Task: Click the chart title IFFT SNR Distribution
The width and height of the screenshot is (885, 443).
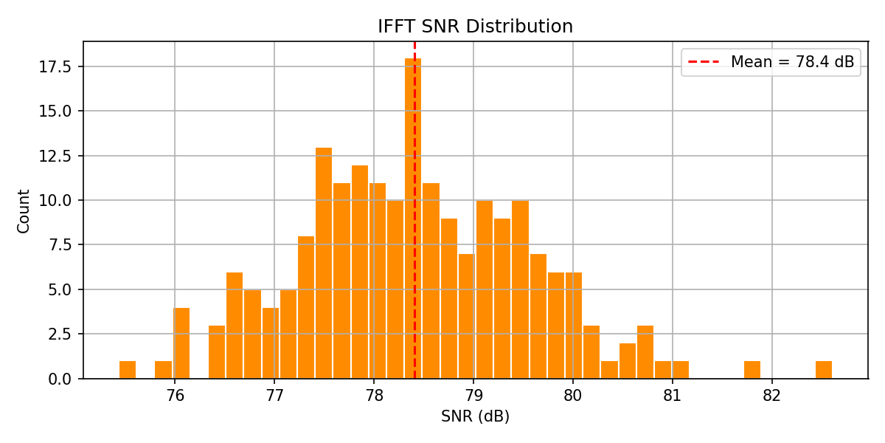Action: [475, 27]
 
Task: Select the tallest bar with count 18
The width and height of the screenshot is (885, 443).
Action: [413, 221]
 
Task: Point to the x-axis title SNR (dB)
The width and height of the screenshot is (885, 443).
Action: [475, 416]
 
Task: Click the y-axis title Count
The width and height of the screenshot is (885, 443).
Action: [24, 211]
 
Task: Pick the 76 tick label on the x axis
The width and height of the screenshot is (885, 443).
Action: [175, 396]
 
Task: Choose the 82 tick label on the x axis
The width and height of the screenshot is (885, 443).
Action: [771, 396]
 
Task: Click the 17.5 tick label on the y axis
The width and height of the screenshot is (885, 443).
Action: [56, 67]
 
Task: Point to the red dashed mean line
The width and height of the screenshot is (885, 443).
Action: [414, 148]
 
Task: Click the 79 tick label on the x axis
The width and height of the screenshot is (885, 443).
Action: [473, 396]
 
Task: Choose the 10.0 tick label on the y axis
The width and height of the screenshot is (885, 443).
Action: [56, 201]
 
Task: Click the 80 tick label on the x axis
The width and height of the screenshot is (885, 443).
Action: [573, 396]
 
